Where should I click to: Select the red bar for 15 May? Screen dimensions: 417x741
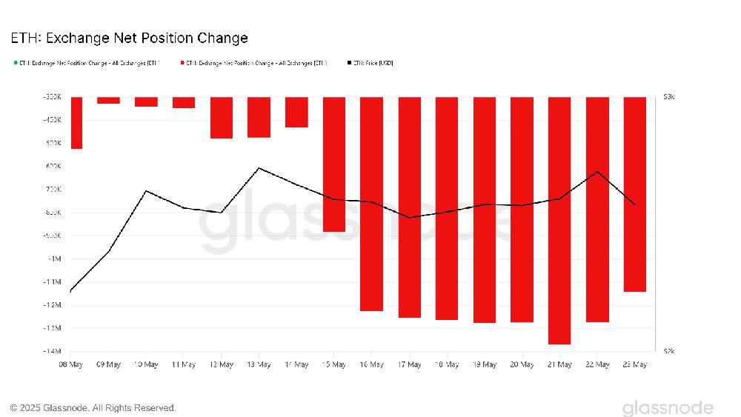[x=334, y=164]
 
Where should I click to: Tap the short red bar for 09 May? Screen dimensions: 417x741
[x=108, y=100]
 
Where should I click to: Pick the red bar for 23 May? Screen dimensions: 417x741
[x=635, y=194]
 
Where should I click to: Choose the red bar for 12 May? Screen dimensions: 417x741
[x=222, y=117]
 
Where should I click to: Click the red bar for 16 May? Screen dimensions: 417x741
[x=372, y=204]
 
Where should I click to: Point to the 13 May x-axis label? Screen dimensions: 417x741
[x=259, y=364]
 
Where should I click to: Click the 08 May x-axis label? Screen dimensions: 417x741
[x=70, y=364]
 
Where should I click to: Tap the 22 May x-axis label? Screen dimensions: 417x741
[x=597, y=364]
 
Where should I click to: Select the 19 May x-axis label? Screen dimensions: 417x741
[x=485, y=364]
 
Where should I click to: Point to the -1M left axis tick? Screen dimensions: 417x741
[x=53, y=258]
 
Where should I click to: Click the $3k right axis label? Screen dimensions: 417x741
[x=668, y=97]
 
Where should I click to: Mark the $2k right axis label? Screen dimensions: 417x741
[x=668, y=351]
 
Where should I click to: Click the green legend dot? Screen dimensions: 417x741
[x=16, y=63]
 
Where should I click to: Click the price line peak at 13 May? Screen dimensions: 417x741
[x=259, y=168]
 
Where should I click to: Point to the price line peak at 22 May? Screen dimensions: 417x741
[x=597, y=172]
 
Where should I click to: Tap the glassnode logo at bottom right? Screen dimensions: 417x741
[x=667, y=408]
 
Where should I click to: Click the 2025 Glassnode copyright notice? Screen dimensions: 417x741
[x=93, y=408]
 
